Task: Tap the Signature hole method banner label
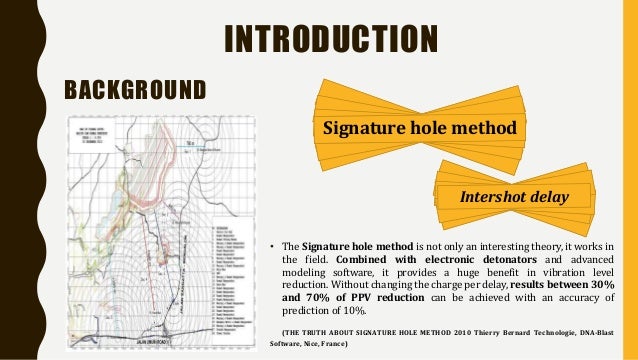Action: pos(419,129)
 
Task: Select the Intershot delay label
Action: pos(512,197)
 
